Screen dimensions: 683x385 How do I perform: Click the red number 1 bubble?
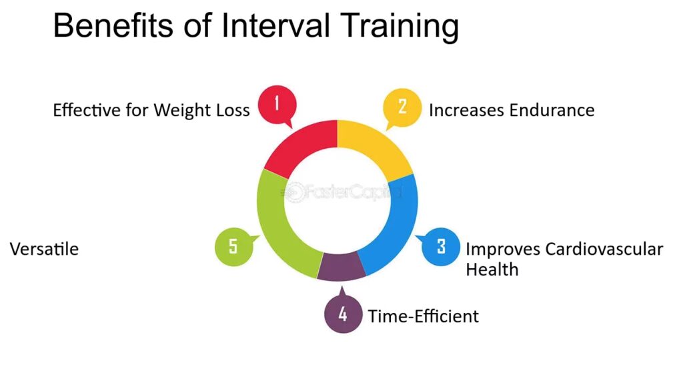click(277, 105)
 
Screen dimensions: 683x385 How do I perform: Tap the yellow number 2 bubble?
click(402, 107)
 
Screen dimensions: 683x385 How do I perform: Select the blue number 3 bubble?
click(440, 246)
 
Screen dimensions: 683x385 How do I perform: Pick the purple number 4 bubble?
click(344, 313)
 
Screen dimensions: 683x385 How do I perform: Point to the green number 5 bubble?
click(234, 246)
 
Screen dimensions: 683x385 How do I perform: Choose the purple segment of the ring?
click(341, 266)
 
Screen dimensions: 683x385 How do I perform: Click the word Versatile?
click(45, 249)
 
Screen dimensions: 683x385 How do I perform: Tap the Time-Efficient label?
click(424, 316)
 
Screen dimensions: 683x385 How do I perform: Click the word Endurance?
click(552, 110)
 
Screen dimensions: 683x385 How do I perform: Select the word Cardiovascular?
click(604, 249)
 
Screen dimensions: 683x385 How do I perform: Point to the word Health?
click(492, 270)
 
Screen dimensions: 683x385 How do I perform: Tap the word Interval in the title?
click(275, 26)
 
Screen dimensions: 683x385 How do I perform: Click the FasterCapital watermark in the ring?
click(342, 191)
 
